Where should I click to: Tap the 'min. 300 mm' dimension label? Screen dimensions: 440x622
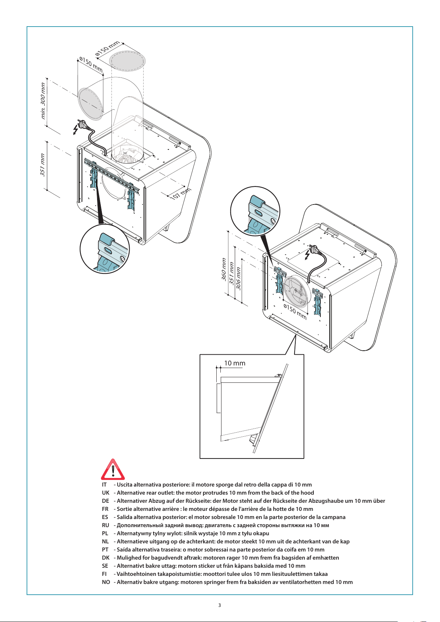[x=43, y=101]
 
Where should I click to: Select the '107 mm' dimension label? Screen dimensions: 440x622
[x=181, y=193]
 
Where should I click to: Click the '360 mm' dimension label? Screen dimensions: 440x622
[x=224, y=269]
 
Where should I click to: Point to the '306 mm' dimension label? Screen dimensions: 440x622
[x=238, y=278]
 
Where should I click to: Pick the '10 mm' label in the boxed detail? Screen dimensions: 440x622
[x=234, y=363]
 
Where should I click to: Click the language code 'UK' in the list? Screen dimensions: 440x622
[x=106, y=493]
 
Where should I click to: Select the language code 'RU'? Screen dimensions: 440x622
[x=106, y=525]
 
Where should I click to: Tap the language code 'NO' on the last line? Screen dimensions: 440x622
[x=106, y=582]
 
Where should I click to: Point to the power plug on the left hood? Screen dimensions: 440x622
[x=82, y=124]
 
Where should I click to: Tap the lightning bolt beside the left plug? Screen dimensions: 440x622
[x=75, y=130]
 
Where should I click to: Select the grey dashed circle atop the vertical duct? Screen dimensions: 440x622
[x=127, y=61]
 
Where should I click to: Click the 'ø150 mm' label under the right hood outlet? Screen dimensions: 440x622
[x=295, y=312]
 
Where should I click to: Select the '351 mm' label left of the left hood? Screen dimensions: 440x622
[x=42, y=165]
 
